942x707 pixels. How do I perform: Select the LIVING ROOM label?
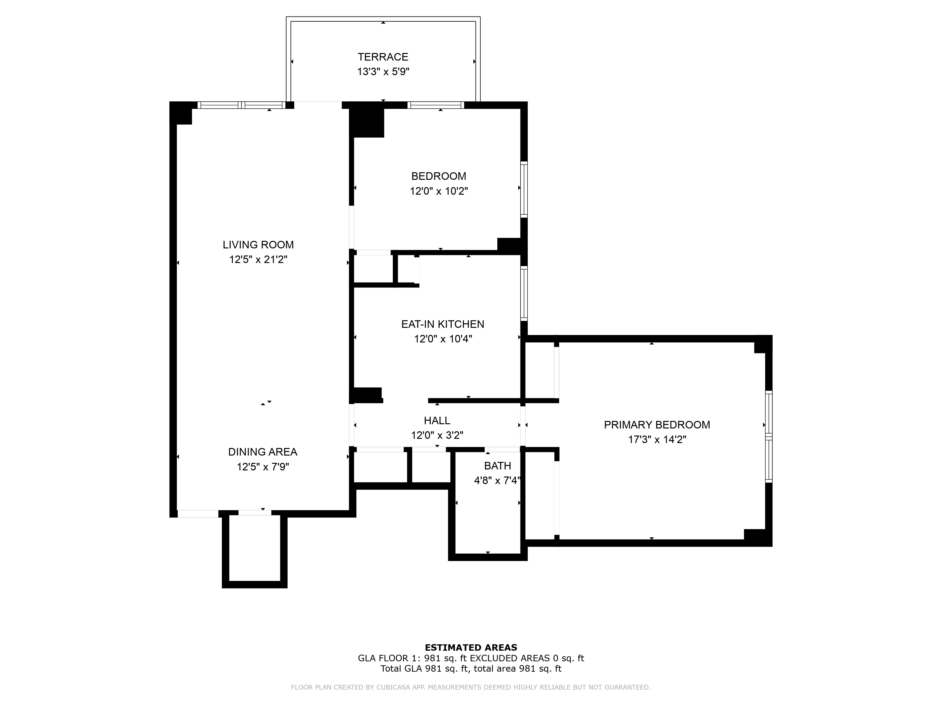[258, 245]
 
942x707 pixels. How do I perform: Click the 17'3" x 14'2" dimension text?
[657, 439]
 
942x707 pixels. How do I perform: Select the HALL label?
[437, 421]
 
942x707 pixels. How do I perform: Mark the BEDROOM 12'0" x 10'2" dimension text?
[439, 191]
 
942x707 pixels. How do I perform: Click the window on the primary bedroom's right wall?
[768, 437]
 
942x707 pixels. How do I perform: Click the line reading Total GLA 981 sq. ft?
[471, 669]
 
